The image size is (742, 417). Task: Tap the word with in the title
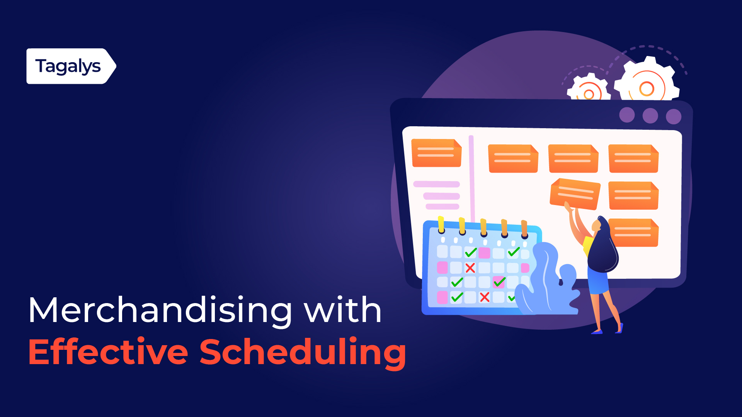click(343, 310)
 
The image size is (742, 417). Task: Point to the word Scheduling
click(303, 352)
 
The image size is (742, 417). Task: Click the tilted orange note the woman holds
click(575, 194)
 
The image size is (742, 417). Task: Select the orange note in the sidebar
click(437, 153)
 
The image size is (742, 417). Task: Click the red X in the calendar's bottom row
click(485, 297)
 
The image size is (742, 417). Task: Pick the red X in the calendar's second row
click(470, 268)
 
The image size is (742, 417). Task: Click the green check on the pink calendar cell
click(499, 282)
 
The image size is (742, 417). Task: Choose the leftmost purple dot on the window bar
click(627, 115)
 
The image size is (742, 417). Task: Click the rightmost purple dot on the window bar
click(674, 117)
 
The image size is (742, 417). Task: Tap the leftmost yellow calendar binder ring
click(441, 225)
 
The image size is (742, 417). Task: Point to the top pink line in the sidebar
click(436, 184)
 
